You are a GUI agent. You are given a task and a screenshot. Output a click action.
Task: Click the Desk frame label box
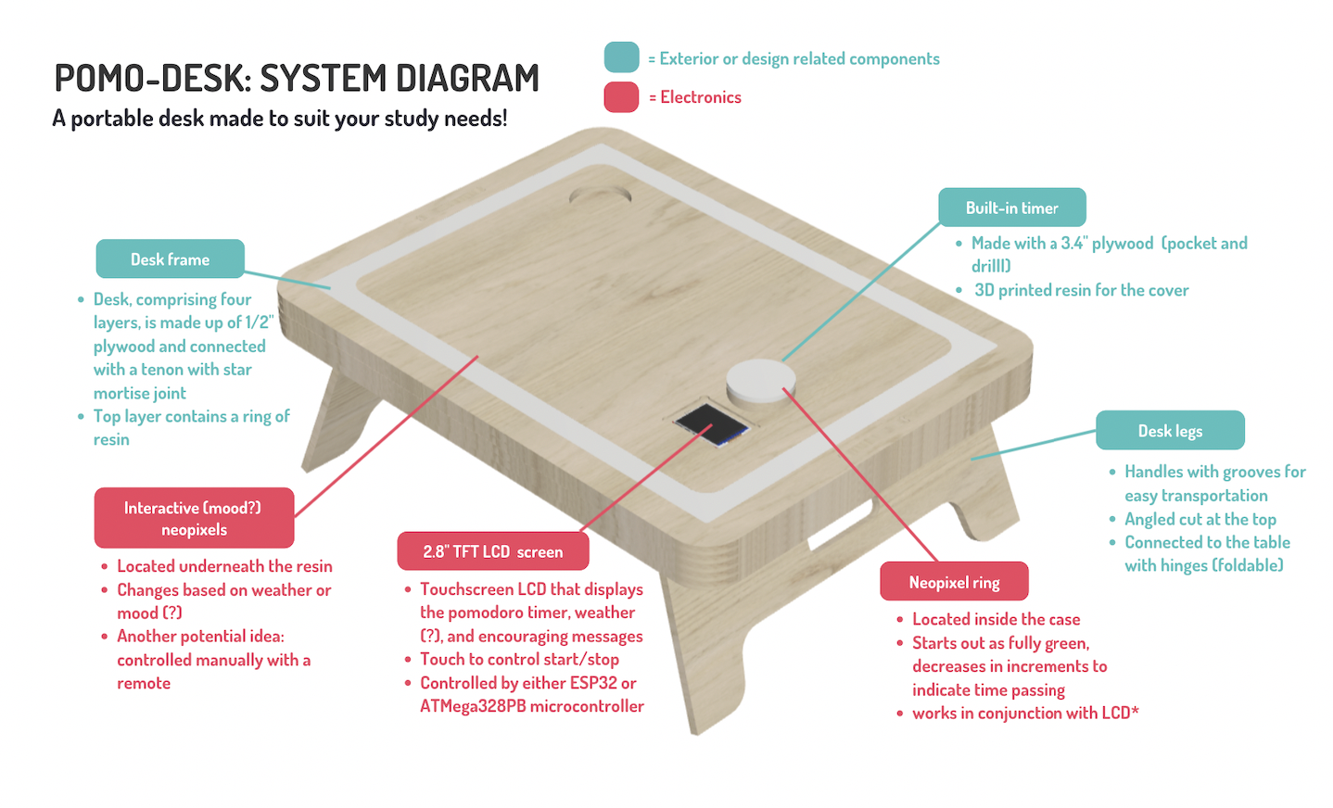click(171, 259)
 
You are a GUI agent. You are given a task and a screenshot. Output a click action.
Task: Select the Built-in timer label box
click(1011, 207)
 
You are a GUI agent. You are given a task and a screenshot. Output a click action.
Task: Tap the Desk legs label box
click(1170, 430)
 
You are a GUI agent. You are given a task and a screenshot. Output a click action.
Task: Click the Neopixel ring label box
click(954, 581)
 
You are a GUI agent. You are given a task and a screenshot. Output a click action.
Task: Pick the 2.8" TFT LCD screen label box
click(493, 551)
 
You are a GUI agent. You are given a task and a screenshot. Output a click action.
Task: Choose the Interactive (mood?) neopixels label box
click(194, 518)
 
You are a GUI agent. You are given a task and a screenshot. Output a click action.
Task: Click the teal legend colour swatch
click(621, 57)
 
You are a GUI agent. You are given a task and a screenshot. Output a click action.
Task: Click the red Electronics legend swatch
click(621, 97)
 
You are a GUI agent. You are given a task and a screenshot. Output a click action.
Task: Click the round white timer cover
click(760, 382)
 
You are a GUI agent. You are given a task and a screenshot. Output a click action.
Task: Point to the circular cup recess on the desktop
click(600, 196)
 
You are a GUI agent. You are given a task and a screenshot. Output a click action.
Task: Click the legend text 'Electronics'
click(701, 97)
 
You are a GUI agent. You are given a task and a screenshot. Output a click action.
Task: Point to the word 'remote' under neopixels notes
click(144, 683)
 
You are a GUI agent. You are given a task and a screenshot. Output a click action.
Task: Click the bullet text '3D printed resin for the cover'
click(1081, 290)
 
